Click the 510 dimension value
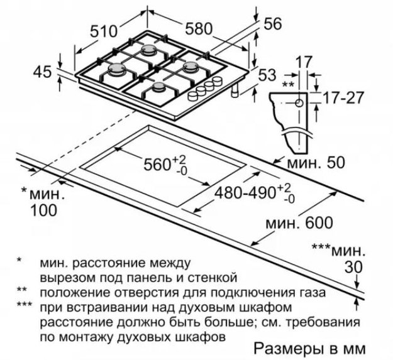click(x=104, y=31)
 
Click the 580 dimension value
click(x=199, y=28)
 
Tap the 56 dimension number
click(x=273, y=24)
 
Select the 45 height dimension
click(x=43, y=72)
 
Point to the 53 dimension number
click(x=267, y=75)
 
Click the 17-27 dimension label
click(x=342, y=98)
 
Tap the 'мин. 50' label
click(x=316, y=163)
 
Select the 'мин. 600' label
click(x=299, y=222)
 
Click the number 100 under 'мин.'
click(x=43, y=210)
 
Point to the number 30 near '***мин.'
click(x=353, y=267)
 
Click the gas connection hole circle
click(x=299, y=103)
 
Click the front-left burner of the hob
click(x=116, y=68)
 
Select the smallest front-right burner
click(x=158, y=87)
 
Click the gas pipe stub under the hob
click(x=235, y=90)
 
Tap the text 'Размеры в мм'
click(x=310, y=349)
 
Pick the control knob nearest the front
click(x=193, y=97)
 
